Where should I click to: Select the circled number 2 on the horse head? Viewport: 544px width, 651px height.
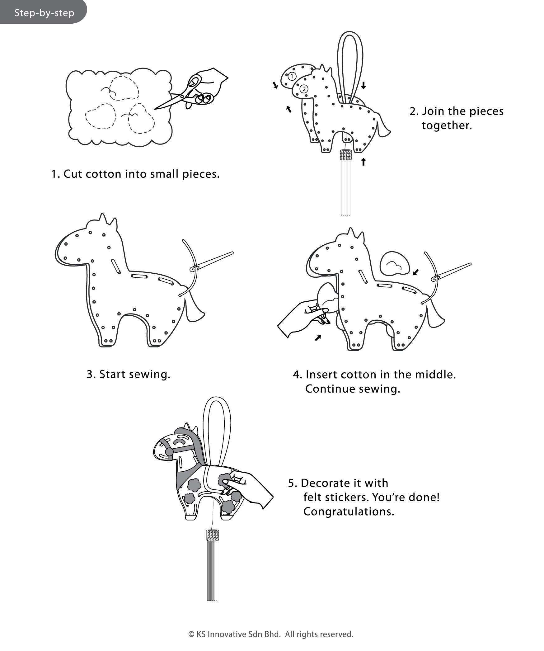[x=304, y=89]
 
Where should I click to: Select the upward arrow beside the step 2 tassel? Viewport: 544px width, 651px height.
[x=363, y=162]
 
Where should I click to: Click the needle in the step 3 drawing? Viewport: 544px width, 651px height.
[x=212, y=261]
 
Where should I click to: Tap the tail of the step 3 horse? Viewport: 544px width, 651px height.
[x=193, y=309]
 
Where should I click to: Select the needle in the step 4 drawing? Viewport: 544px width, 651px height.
[x=451, y=271]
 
